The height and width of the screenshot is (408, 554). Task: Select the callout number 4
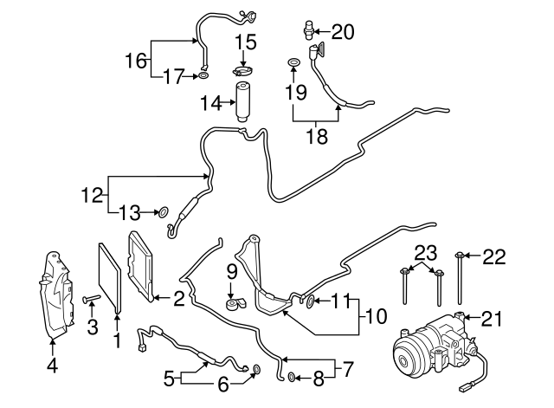coord(52,366)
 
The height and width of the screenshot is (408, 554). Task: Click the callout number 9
coord(232,273)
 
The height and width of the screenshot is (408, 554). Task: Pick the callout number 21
coord(491,320)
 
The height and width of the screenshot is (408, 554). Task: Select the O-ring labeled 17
coord(203,76)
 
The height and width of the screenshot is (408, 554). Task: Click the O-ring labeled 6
coord(255,372)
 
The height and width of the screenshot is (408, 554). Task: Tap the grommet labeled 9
coord(234,306)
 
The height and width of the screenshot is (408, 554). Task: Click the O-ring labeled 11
coord(310,301)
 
